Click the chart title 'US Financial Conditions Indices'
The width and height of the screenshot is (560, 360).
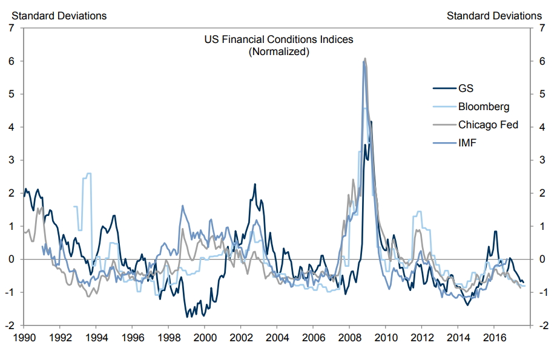(279, 39)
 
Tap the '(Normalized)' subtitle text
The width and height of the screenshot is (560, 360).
(279, 51)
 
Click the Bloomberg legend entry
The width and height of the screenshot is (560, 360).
(483, 107)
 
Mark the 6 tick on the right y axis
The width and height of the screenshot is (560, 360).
(541, 61)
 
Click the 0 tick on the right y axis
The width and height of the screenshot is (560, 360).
(541, 259)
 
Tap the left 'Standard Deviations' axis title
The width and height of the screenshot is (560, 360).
(56, 16)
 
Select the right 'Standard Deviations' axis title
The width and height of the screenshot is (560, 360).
(494, 16)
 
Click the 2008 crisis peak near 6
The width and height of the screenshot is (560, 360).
(364, 59)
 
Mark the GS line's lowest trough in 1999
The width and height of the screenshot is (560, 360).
(187, 316)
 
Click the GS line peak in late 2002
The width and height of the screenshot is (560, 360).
(255, 184)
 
